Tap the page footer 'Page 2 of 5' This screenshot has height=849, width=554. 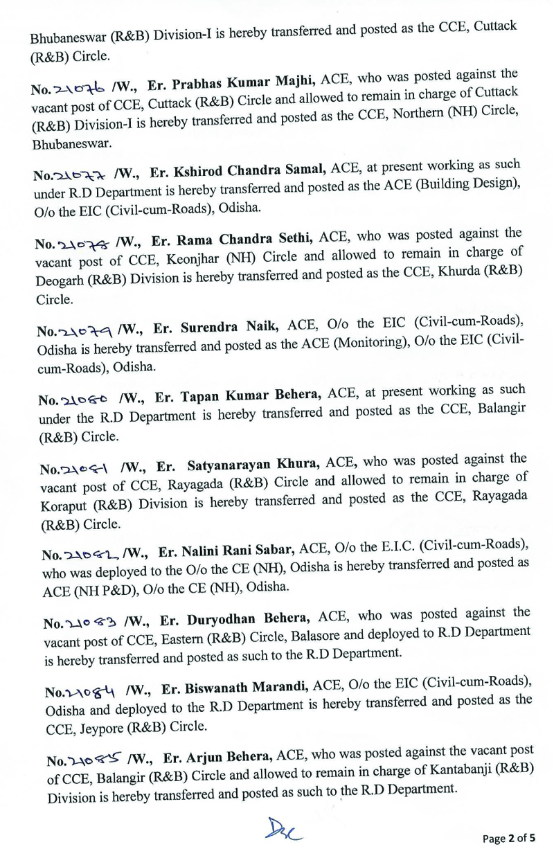(515, 837)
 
